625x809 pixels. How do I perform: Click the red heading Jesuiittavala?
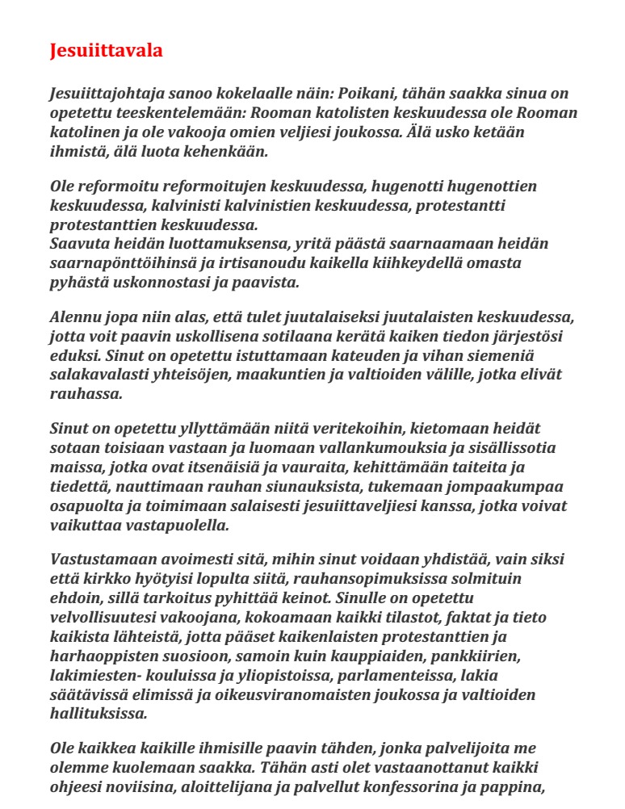(x=107, y=50)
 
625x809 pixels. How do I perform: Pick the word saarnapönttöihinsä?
(x=123, y=263)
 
